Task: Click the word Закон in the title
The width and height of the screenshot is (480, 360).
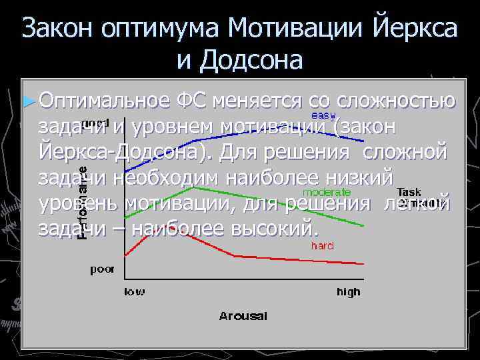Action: pos(57,28)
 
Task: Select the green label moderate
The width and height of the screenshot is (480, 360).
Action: pos(327,193)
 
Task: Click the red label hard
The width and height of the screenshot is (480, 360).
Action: pos(322,245)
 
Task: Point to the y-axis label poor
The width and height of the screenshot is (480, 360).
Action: pos(102,269)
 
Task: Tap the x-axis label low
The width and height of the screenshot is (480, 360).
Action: pos(134,291)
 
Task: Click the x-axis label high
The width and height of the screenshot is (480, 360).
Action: pos(348,291)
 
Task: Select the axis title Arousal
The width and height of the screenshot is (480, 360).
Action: pos(243,315)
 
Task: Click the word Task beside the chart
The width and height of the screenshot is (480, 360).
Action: pos(409,192)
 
